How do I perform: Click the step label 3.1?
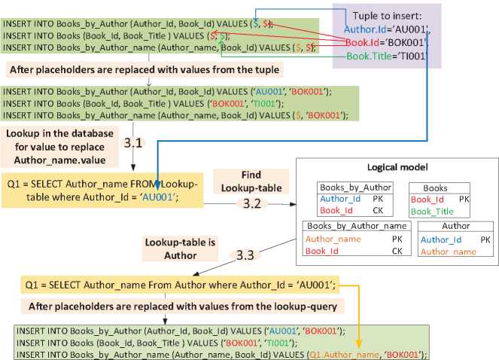coord(133,143)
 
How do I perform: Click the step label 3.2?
coord(254,203)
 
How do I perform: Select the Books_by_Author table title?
coord(354,188)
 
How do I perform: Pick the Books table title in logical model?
coord(436,188)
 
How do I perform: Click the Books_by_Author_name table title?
coord(357,226)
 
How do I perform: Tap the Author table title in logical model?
coord(456,226)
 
